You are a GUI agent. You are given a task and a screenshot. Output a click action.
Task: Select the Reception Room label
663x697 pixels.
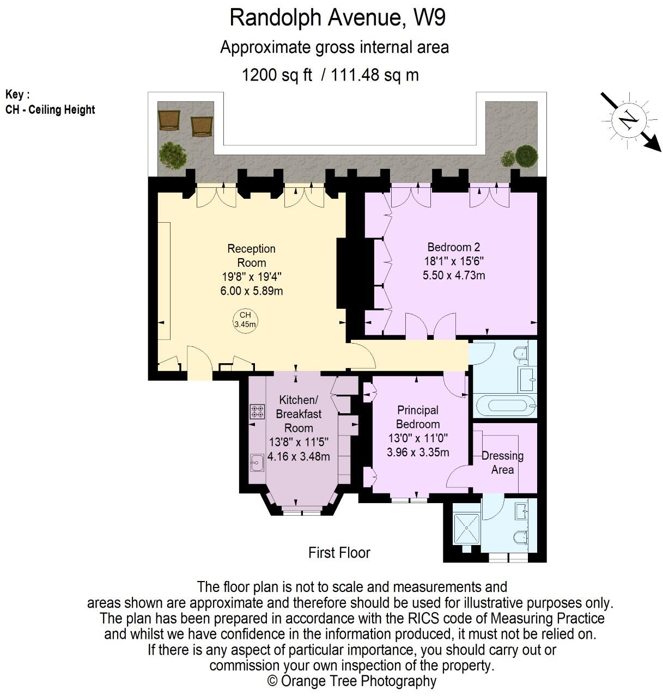251,255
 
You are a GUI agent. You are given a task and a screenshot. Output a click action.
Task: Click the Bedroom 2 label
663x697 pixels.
453,247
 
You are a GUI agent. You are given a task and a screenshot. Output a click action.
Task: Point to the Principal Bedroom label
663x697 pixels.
418,417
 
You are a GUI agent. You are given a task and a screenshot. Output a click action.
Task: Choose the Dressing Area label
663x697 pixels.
502,462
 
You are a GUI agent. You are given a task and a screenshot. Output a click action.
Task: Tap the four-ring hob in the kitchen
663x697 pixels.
257,411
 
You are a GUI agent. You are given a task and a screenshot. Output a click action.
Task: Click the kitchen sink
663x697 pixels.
257,463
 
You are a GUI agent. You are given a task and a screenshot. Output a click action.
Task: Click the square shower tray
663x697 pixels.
467,529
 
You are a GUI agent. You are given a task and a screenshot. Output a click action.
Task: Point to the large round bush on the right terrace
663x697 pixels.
526,156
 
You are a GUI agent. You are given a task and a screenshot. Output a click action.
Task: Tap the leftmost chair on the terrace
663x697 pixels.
169,120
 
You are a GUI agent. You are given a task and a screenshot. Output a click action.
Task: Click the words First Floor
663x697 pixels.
339,553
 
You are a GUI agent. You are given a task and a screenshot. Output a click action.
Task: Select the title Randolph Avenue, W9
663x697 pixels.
337,17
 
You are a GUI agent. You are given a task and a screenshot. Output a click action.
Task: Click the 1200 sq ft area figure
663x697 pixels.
277,75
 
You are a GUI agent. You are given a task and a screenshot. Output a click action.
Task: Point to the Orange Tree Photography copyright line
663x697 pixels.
352,681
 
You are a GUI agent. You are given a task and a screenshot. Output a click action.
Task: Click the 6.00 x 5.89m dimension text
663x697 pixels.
251,291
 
